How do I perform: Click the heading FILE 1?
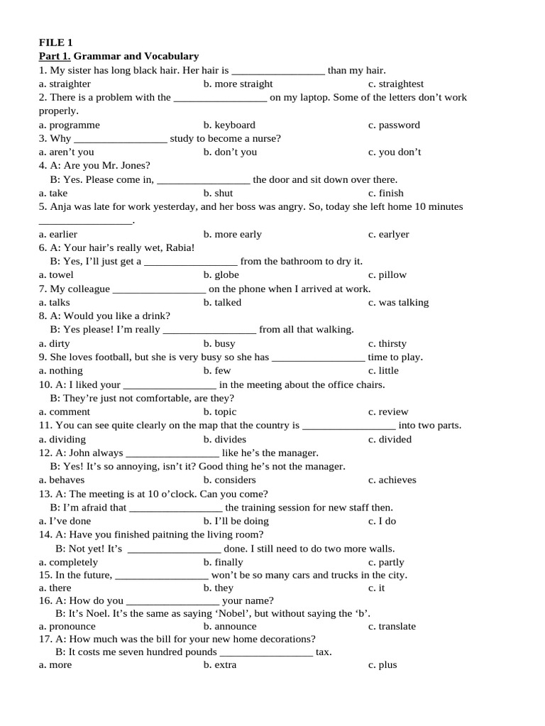click(x=56, y=43)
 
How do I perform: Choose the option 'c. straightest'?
click(x=395, y=84)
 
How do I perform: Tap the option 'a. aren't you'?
click(x=67, y=152)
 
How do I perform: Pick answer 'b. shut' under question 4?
click(x=218, y=193)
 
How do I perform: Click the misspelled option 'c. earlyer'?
click(x=388, y=234)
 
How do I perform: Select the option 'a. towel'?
click(x=56, y=274)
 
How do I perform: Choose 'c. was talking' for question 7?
click(x=398, y=302)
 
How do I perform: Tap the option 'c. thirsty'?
click(x=387, y=343)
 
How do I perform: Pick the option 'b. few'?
click(x=216, y=370)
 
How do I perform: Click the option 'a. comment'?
click(x=65, y=411)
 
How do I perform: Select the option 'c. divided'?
click(x=390, y=439)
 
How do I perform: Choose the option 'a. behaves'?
click(x=62, y=479)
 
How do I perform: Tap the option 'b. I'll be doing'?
click(x=236, y=520)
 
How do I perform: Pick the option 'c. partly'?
click(x=386, y=562)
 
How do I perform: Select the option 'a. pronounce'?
click(x=67, y=626)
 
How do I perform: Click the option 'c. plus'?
click(x=382, y=664)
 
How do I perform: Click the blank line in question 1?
click(x=278, y=70)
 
